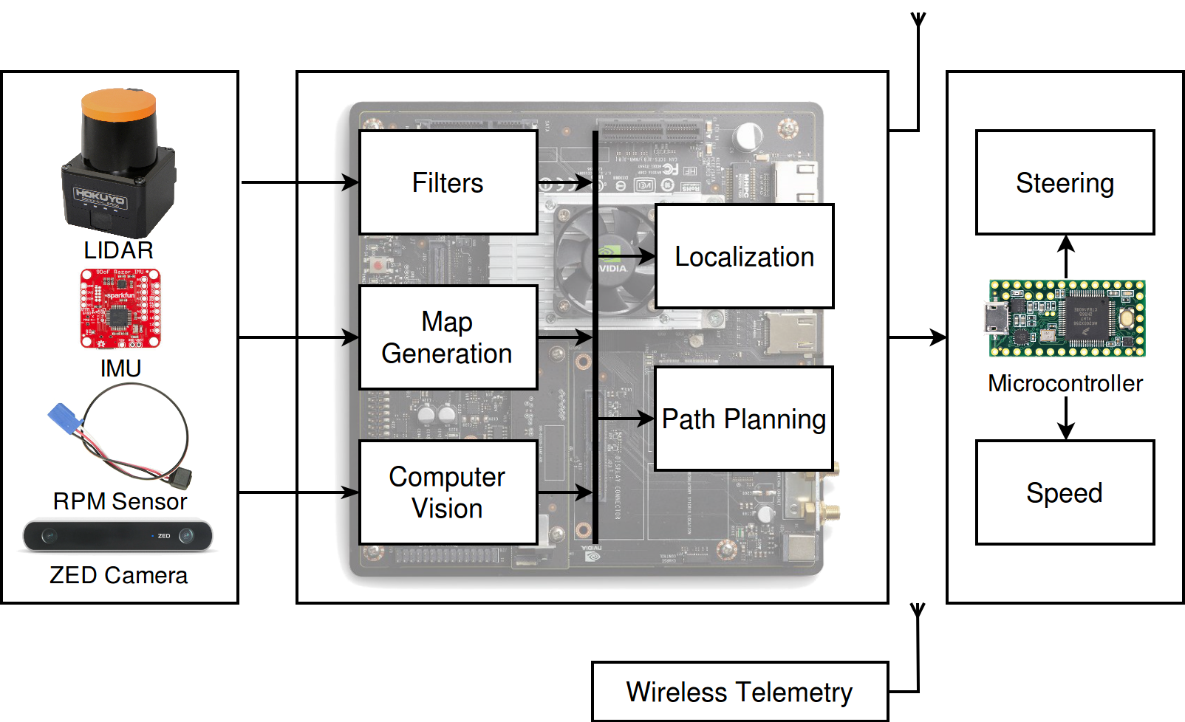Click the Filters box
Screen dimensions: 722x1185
[x=448, y=182]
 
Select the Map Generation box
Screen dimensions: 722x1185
[x=448, y=337]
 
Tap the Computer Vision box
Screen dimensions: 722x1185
[x=448, y=492]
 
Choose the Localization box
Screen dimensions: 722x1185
[x=744, y=256]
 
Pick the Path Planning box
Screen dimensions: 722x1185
[x=744, y=419]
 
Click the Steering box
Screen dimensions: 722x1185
[x=1065, y=182]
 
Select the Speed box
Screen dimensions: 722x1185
[x=1065, y=492]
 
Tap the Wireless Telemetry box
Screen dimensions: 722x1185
[x=740, y=692]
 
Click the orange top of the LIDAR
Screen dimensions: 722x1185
[x=119, y=103]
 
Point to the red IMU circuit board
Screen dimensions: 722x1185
[x=120, y=308]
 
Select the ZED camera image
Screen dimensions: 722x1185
[x=118, y=536]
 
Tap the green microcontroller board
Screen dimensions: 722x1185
[x=1067, y=318]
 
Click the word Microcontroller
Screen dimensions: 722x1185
[x=1065, y=383]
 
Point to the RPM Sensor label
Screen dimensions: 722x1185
[x=120, y=501]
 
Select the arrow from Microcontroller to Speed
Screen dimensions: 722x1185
[x=1065, y=419]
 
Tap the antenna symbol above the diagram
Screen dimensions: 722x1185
[x=918, y=21]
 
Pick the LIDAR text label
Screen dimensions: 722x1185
[x=118, y=250]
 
